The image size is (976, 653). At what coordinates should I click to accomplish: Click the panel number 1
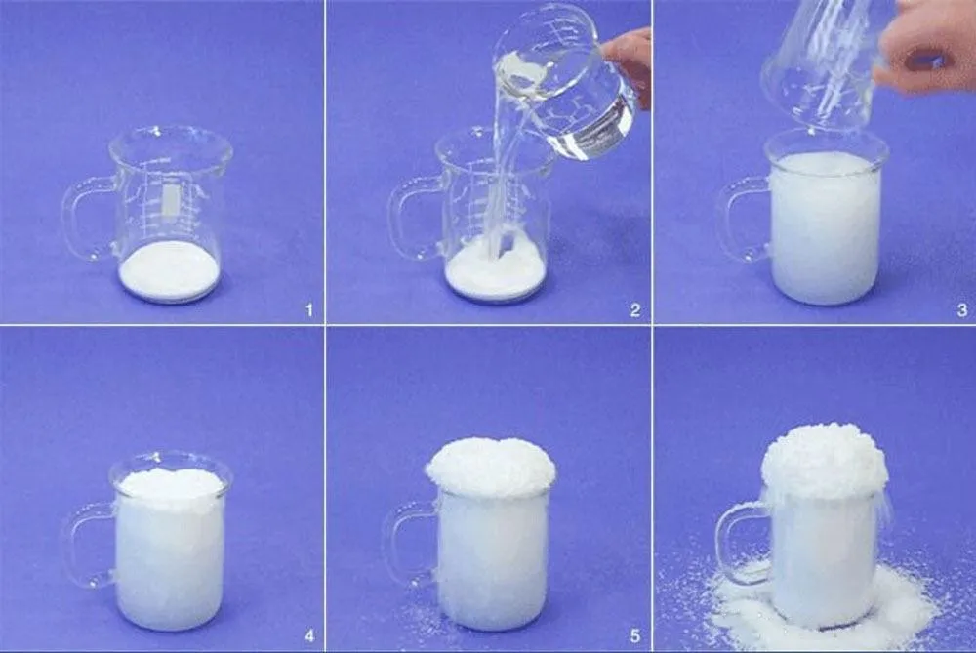point(309,310)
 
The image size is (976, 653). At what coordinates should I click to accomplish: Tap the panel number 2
point(634,310)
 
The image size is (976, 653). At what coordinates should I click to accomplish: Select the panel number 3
point(961,310)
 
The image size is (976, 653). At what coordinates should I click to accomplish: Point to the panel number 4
point(309,637)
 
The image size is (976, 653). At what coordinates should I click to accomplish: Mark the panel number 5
point(634,637)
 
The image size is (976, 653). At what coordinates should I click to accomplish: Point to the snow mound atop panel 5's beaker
point(491,467)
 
